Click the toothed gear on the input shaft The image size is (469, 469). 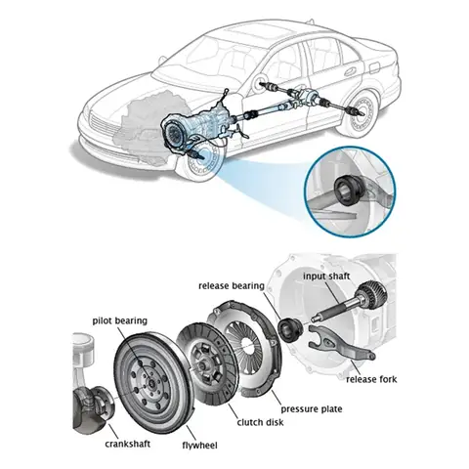[x=372, y=296]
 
